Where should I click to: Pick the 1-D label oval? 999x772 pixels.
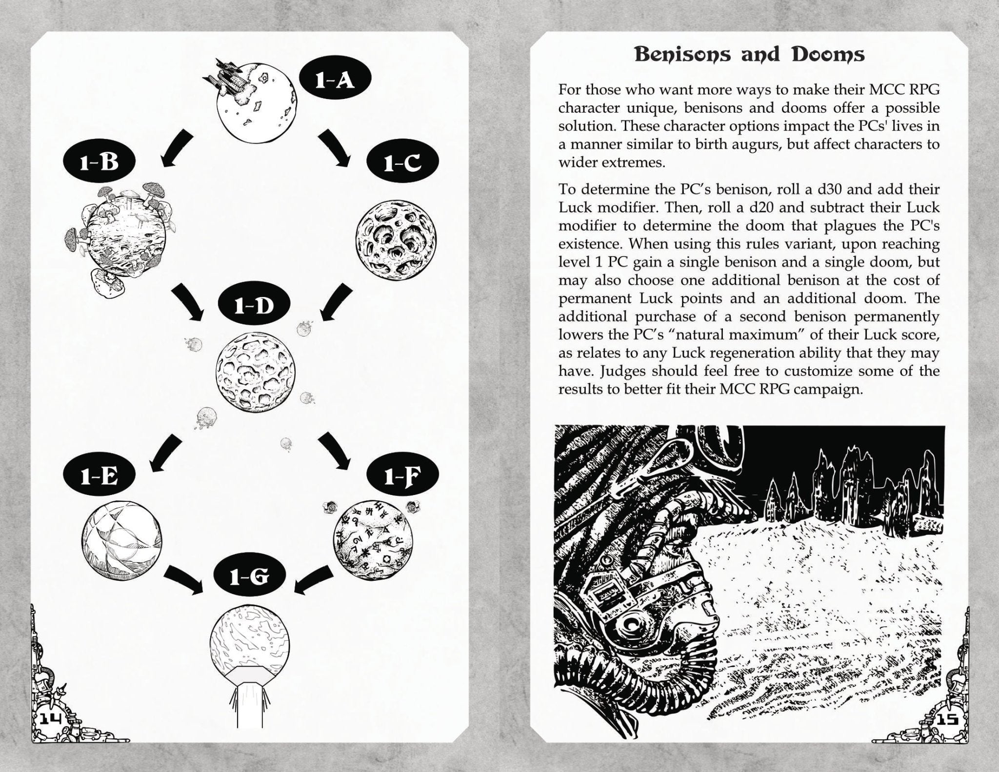coord(254,306)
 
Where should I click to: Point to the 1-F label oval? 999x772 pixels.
coord(402,477)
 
